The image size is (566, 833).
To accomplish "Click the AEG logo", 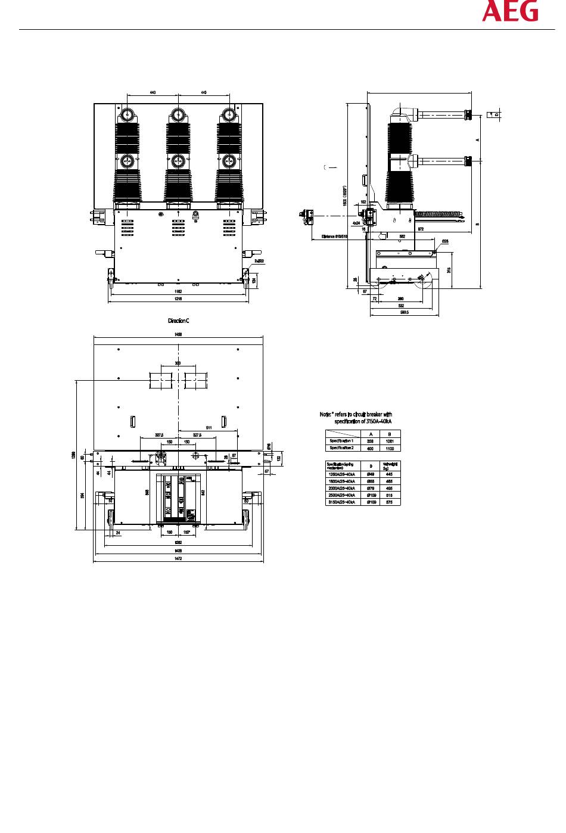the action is [510, 12].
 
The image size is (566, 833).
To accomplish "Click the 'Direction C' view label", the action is [178, 321].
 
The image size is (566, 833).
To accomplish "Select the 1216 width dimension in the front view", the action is [178, 298].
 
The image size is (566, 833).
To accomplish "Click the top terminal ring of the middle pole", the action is [178, 114].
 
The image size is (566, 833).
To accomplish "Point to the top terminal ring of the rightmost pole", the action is [228, 114].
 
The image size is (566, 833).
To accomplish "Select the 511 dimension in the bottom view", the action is [209, 427].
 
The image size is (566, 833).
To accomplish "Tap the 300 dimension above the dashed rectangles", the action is [178, 363].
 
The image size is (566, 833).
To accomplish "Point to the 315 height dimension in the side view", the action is [449, 269].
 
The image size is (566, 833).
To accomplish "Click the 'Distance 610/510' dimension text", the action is [335, 237].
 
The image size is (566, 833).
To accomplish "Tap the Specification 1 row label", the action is [341, 441].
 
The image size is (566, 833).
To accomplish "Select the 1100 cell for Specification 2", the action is [390, 447].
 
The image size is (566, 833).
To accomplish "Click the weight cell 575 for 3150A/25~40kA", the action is [389, 502].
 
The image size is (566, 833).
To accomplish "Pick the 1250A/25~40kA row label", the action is [341, 474].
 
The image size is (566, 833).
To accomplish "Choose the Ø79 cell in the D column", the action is [371, 488].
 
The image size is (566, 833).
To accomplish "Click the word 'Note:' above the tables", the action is [325, 414].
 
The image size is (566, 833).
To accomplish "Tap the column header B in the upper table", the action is [390, 434].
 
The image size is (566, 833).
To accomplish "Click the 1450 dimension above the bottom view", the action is [178, 334].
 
